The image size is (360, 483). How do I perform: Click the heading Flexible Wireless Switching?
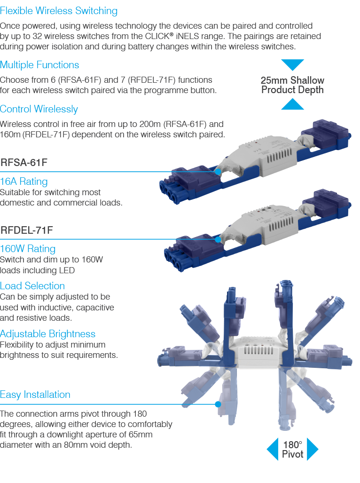point(59,11)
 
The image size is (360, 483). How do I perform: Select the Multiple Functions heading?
point(39,65)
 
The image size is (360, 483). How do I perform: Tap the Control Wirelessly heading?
point(39,109)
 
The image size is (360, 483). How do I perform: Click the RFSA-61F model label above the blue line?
point(24,162)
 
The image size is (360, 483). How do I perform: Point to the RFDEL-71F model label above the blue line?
point(27,230)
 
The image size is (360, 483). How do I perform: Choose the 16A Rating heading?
point(23,182)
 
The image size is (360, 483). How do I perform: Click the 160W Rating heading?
point(28,249)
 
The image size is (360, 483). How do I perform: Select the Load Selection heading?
point(32,286)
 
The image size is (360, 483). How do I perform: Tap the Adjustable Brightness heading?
point(47,334)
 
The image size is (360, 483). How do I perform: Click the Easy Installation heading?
point(35,395)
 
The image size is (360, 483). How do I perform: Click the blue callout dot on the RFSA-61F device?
point(218,172)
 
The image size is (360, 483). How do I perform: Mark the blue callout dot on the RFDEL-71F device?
point(218,239)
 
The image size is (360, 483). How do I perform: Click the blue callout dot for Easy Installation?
point(218,404)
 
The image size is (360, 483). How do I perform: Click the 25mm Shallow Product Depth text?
point(293,85)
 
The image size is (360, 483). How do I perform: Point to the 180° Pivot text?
point(293,450)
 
